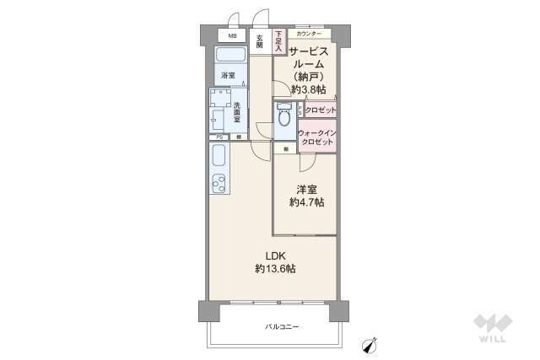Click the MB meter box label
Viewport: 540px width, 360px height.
[x=231, y=35]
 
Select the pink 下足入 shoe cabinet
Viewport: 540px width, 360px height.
[x=278, y=42]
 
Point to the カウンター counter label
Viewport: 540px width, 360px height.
[x=309, y=34]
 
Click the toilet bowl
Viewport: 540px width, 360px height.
[x=283, y=117]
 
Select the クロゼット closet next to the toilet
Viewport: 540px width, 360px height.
[x=320, y=110]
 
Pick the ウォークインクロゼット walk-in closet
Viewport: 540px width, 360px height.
[x=316, y=137]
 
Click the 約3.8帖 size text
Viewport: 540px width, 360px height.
[x=308, y=89]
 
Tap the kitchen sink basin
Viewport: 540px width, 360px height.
[x=219, y=157]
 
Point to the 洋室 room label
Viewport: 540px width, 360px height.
[x=305, y=190]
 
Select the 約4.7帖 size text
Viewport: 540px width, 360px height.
[x=305, y=203]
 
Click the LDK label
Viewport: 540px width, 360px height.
[x=275, y=255]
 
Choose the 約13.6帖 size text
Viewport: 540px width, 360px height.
[x=275, y=269]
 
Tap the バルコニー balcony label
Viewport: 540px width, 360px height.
[x=283, y=325]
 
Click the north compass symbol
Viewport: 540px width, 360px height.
[x=369, y=343]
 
